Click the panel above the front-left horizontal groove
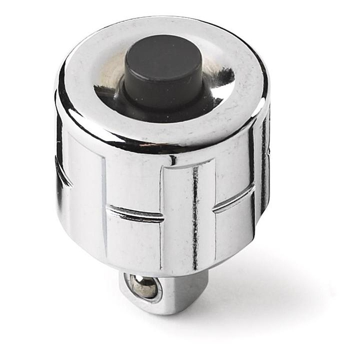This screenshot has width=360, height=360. tap(133, 180)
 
